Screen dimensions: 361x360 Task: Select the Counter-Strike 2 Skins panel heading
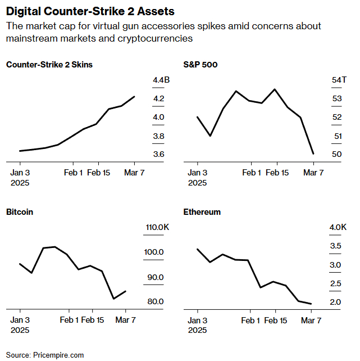(49, 65)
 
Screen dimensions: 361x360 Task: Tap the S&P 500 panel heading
(200, 65)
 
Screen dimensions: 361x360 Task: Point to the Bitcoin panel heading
(20, 212)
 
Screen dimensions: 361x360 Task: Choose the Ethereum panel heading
(202, 212)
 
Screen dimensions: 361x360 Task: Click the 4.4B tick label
(161, 81)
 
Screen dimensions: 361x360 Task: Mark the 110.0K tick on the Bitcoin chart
(157, 227)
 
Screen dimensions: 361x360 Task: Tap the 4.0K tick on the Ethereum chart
(338, 227)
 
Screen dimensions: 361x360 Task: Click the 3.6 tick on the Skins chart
(158, 155)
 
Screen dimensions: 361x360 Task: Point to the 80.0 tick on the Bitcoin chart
(155, 301)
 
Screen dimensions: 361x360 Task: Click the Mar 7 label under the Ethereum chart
(312, 321)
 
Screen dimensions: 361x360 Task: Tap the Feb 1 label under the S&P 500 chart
(252, 173)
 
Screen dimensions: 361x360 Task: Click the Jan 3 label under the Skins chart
(20, 173)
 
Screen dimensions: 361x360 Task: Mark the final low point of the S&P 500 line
(313, 154)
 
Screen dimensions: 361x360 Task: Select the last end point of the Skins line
(135, 97)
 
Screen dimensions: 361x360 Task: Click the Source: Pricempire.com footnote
(45, 355)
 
